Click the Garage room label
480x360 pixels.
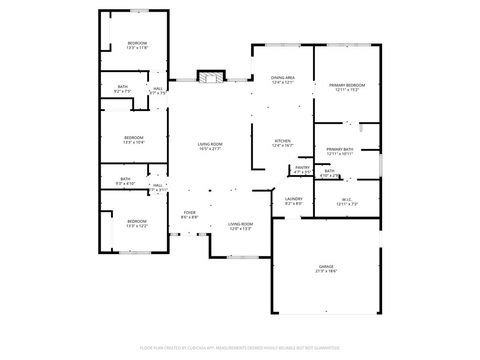click(x=327, y=266)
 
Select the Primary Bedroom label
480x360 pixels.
click(x=347, y=85)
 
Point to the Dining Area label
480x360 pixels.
click(x=282, y=78)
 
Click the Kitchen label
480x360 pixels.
click(x=283, y=141)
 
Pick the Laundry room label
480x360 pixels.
click(x=294, y=198)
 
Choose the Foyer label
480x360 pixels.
click(x=189, y=212)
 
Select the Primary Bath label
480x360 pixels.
click(x=340, y=149)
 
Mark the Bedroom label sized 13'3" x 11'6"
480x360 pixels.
click(x=136, y=43)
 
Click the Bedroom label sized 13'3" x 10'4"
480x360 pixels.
click(x=134, y=137)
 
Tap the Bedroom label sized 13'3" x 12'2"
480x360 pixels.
click(x=136, y=221)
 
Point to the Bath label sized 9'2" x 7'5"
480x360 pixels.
click(x=122, y=87)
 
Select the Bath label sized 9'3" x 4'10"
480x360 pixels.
click(x=122, y=180)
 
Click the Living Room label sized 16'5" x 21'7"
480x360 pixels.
click(x=210, y=145)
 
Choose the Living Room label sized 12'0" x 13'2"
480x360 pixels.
click(x=240, y=224)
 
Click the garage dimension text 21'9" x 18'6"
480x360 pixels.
click(x=327, y=271)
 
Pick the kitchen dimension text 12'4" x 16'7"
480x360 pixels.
click(x=283, y=146)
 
